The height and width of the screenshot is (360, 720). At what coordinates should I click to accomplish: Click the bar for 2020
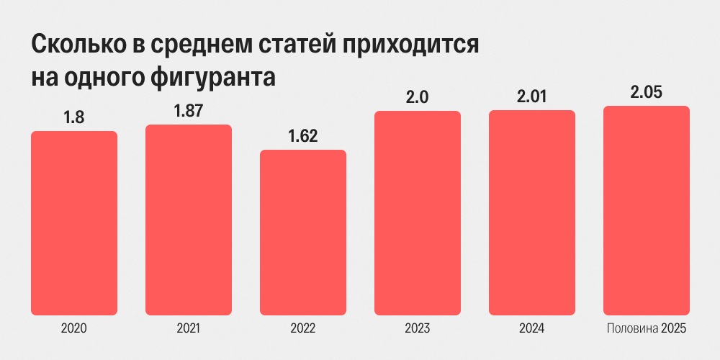point(74,223)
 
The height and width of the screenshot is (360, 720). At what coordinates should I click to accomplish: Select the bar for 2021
point(189,220)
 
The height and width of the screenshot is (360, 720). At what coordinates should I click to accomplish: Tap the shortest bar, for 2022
point(303,233)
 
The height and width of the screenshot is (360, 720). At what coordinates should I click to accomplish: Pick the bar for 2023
point(418,213)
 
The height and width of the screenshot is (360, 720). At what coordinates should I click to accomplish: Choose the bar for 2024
point(532,212)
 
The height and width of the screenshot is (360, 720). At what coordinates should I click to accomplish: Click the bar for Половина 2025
point(647,211)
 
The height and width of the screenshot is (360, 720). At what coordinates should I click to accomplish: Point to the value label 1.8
point(74,118)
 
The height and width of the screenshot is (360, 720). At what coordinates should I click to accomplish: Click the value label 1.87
point(189,112)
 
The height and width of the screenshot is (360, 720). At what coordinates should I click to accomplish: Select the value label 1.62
point(303,137)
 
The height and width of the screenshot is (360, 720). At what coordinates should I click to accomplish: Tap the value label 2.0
point(418,98)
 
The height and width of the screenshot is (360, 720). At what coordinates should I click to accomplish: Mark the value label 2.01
point(532,97)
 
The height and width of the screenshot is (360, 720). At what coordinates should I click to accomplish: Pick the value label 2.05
point(647,93)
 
